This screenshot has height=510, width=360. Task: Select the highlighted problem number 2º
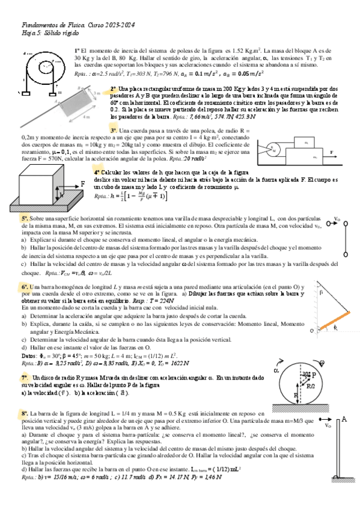tap(114, 88)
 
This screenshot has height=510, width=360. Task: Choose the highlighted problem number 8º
tap(25, 414)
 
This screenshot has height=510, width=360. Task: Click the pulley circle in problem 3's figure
tap(272, 147)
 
